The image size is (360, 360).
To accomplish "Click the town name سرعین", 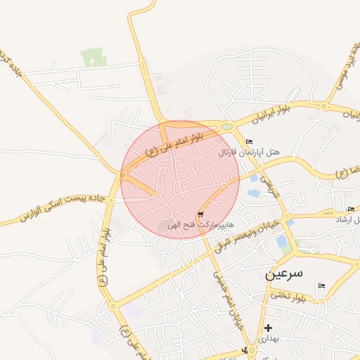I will (x=284, y=274).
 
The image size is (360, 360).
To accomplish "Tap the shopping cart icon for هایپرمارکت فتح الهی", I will (x=201, y=214).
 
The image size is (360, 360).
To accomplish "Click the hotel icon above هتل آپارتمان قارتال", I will (x=249, y=142).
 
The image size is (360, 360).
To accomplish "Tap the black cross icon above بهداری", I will (x=268, y=328).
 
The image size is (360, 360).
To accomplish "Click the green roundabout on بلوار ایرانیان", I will (x=226, y=127).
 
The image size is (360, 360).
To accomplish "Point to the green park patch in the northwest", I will (x=92, y=58).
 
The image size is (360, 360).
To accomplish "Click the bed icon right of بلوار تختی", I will (x=321, y=285).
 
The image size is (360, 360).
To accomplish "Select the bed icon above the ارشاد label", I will (x=351, y=209).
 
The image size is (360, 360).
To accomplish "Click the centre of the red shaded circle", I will (x=180, y=180).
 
